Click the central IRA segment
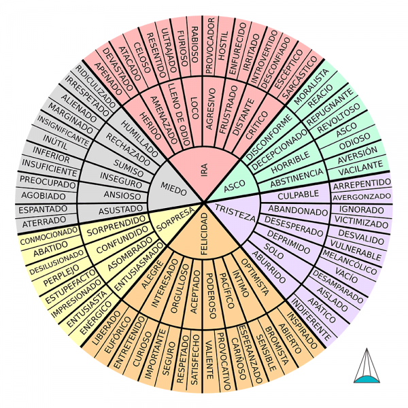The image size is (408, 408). (x=204, y=170)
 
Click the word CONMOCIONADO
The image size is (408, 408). (x=48, y=240)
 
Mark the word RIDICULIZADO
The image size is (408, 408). (x=92, y=85)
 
